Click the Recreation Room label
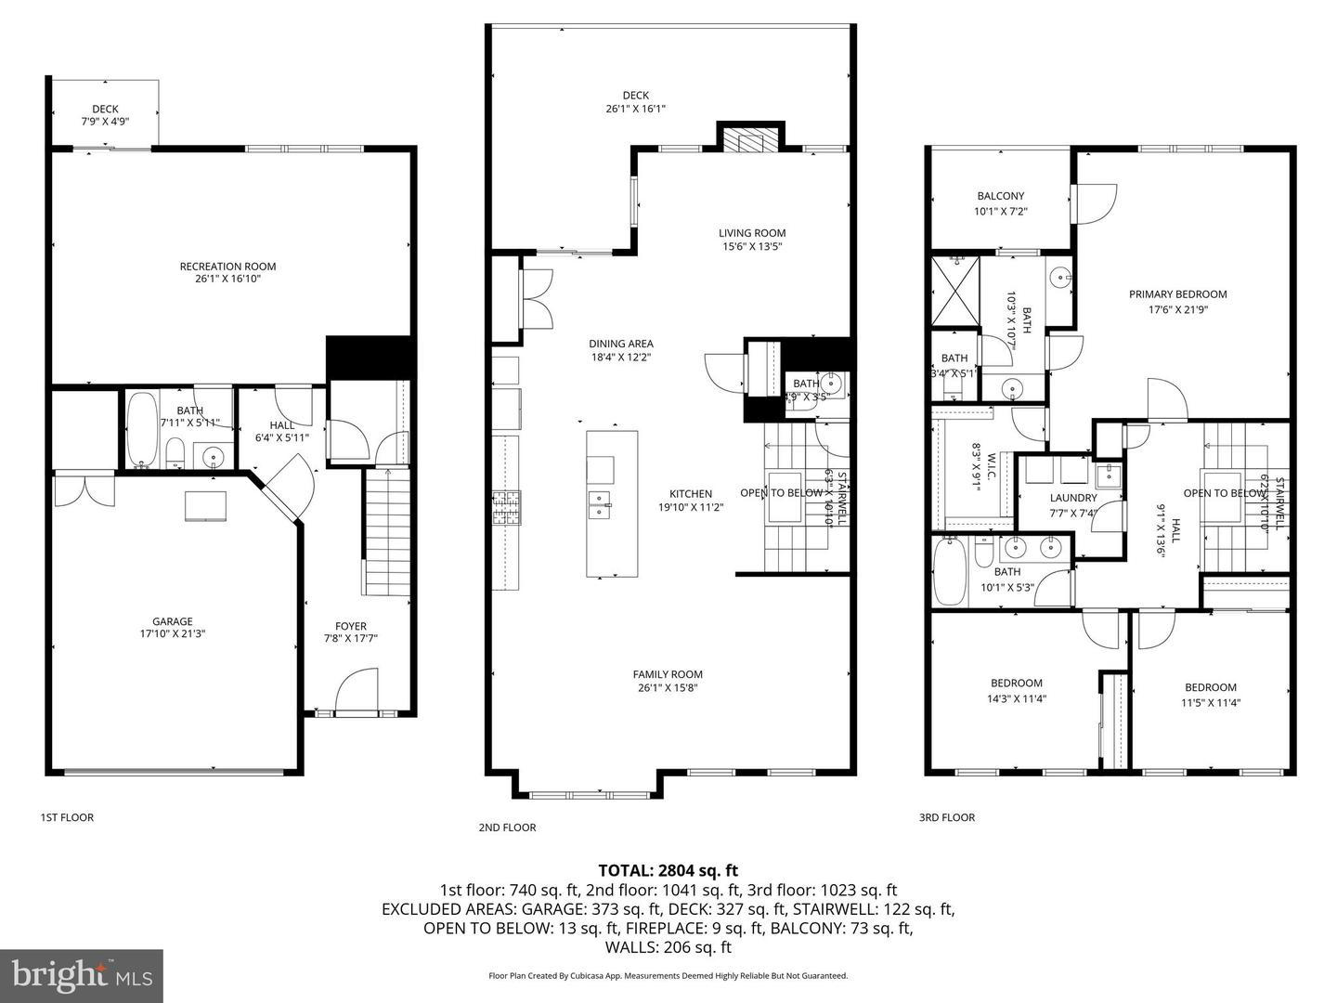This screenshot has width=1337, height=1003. tap(227, 267)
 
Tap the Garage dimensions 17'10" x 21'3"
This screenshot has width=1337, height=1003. tap(173, 634)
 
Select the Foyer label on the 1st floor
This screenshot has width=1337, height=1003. tap(351, 626)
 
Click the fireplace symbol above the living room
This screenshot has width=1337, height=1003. tap(749, 141)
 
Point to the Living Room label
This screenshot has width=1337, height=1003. tap(752, 233)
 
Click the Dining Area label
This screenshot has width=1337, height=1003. tap(621, 344)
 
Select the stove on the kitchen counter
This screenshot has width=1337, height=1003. tap(507, 508)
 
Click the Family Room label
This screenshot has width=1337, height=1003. tap(668, 674)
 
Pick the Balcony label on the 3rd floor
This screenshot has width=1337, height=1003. tap(1000, 196)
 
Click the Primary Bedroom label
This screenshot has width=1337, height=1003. tap(1177, 294)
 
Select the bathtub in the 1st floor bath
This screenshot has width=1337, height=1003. tap(142, 431)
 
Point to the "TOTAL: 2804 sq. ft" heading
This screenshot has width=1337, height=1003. tap(668, 870)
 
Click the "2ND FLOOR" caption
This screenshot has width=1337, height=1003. tap(507, 827)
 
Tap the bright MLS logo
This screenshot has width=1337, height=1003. tap(82, 975)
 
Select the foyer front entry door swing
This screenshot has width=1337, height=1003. tap(358, 692)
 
